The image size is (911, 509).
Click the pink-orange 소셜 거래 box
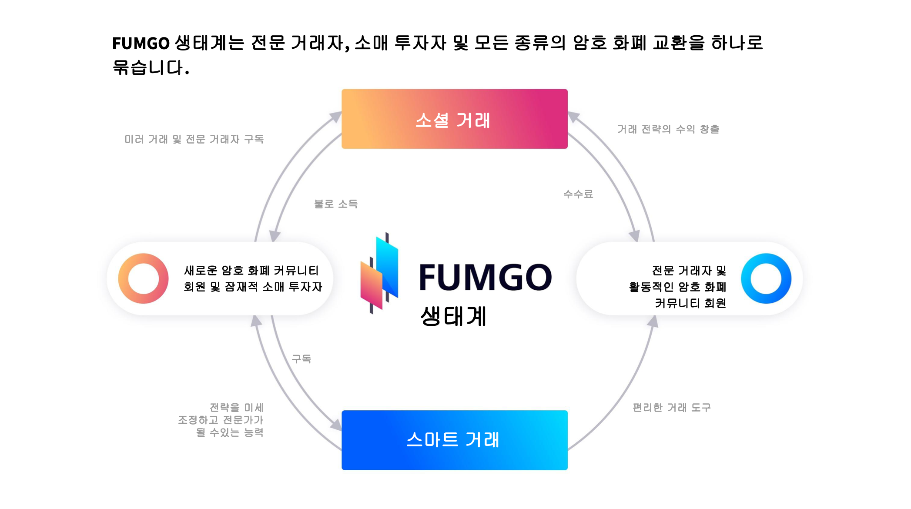[454, 119]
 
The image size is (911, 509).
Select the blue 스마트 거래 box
[454, 440]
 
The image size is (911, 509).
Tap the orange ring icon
[143, 278]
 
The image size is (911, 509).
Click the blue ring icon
[766, 278]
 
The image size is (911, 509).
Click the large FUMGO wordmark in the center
[485, 277]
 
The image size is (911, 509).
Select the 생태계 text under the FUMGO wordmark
[453, 316]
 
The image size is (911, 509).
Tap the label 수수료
[578, 194]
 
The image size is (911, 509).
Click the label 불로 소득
[336, 204]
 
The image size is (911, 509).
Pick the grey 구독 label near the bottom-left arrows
[301, 359]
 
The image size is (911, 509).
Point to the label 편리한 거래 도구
[671, 408]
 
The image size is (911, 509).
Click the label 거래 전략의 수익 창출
[668, 129]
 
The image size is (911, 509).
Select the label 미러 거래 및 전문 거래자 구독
[194, 139]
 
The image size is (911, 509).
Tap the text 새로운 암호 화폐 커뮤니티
[251, 271]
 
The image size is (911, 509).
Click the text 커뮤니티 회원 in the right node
[690, 303]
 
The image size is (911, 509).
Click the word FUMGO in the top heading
[141, 44]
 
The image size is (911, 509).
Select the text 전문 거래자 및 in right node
[689, 271]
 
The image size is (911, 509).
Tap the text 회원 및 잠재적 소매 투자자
[253, 287]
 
